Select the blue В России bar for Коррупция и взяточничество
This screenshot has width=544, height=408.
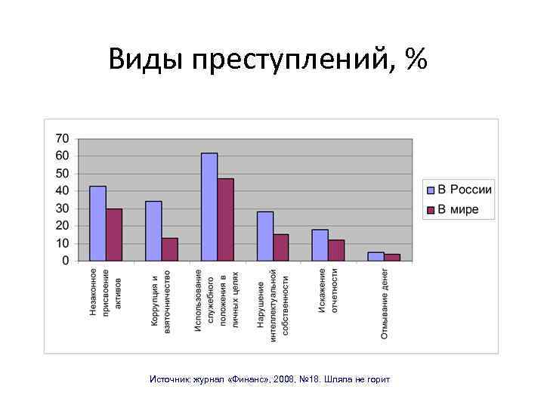(153, 231)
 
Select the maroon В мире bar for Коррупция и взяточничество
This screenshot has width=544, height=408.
(170, 249)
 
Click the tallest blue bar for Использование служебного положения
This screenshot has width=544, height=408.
(209, 207)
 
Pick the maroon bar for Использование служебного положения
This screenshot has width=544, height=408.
(226, 220)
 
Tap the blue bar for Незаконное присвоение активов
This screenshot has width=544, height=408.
(97, 224)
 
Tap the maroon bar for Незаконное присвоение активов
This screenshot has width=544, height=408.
(114, 235)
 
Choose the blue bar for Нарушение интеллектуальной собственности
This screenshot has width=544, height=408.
(265, 236)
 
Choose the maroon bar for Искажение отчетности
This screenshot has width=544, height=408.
(336, 250)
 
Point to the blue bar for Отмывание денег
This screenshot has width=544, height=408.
(376, 257)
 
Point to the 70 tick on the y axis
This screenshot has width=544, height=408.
(62, 139)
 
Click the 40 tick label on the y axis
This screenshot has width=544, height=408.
(62, 191)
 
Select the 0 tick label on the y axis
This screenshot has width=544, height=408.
(65, 261)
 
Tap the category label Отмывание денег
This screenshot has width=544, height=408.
(385, 303)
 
